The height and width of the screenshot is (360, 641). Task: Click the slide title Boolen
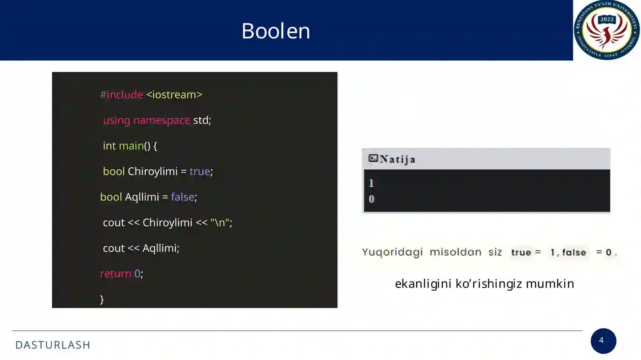tap(276, 31)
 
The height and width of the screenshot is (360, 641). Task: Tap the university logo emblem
tap(607, 30)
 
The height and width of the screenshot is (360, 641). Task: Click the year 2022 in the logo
tap(607, 19)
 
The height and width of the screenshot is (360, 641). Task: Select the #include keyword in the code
tap(121, 95)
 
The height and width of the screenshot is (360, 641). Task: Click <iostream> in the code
tap(174, 95)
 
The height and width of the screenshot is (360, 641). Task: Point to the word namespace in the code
tap(161, 120)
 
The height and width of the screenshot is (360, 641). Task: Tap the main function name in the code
tap(131, 146)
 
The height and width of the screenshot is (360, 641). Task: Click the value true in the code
tap(200, 171)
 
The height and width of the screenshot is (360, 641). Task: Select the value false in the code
tap(182, 197)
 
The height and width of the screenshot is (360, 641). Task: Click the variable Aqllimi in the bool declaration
tap(142, 197)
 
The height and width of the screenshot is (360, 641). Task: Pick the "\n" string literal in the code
tap(220, 223)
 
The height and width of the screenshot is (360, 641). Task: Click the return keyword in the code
tap(115, 274)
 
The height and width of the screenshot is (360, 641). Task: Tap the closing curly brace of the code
tap(102, 299)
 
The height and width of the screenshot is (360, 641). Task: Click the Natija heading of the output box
tap(397, 159)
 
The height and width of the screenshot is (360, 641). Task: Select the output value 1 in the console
tap(371, 183)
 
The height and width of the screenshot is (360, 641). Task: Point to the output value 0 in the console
tap(371, 199)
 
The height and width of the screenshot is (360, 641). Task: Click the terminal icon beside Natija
tap(373, 159)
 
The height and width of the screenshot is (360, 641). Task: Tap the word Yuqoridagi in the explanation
tap(392, 252)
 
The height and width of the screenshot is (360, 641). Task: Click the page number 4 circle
tap(603, 341)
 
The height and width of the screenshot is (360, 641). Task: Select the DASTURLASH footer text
tap(53, 345)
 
